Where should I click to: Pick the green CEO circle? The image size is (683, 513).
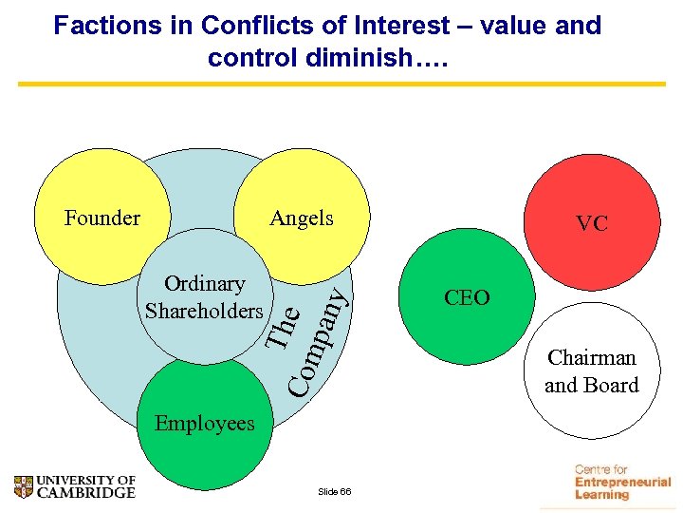[467, 297]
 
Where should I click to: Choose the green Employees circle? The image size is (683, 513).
[205, 418]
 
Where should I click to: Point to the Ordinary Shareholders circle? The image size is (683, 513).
[205, 296]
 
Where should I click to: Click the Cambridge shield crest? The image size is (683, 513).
[26, 486]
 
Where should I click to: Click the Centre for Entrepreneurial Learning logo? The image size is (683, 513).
[621, 483]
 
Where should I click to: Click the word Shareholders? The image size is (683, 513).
[205, 311]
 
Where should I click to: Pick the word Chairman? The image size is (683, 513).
[591, 358]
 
